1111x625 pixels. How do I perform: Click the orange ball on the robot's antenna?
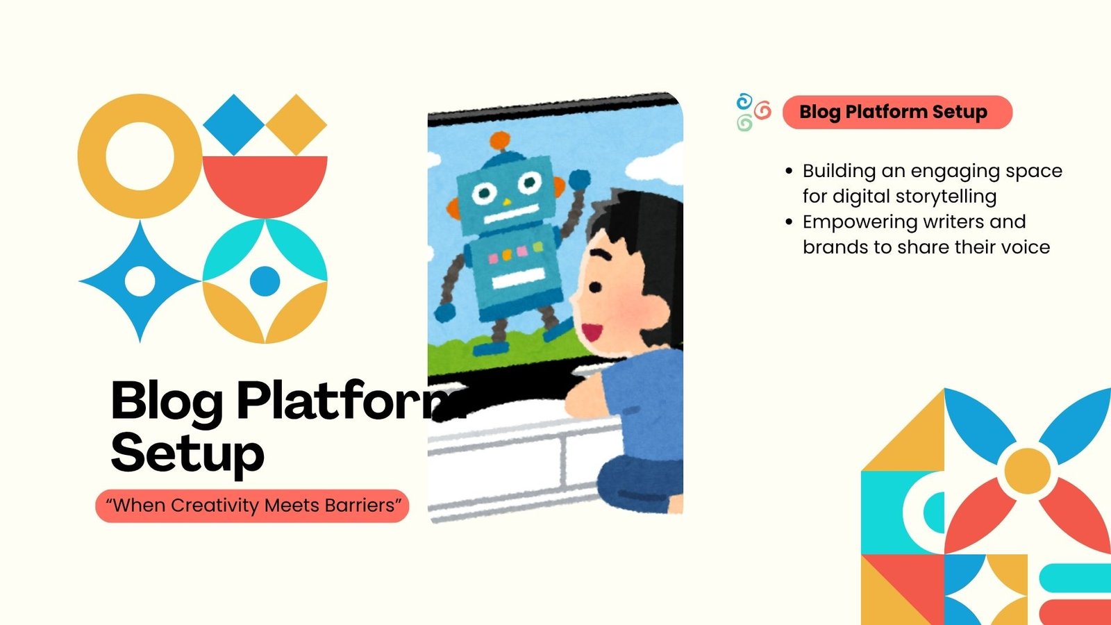(x=500, y=140)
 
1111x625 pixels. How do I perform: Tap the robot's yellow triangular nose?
(x=506, y=202)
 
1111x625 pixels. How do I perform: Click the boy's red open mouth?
(x=592, y=332)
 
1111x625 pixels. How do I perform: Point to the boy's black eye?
(x=594, y=287)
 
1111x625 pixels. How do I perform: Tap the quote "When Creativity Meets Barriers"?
(x=253, y=506)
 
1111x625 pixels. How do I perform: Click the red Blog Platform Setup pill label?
(x=897, y=112)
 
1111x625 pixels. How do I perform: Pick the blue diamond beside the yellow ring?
(x=233, y=124)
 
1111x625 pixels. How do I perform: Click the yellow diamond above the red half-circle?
(x=296, y=124)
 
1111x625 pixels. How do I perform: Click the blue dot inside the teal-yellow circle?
(x=265, y=281)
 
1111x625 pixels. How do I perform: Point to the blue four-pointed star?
(x=140, y=281)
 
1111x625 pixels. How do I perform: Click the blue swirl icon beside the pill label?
(x=744, y=101)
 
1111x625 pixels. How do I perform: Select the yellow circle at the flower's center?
(x=1027, y=471)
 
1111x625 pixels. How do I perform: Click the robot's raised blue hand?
(x=579, y=179)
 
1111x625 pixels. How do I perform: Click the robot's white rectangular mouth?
(x=512, y=214)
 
